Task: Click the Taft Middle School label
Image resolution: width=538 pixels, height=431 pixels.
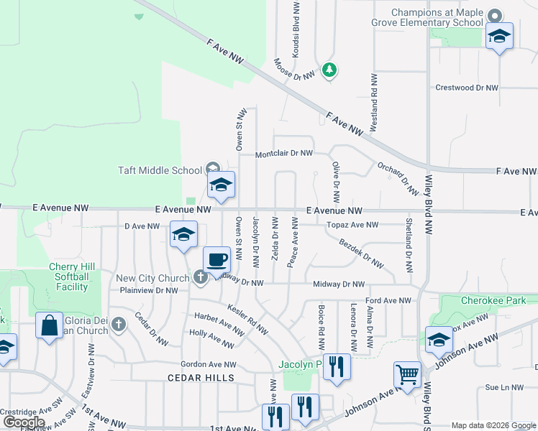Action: click(160, 170)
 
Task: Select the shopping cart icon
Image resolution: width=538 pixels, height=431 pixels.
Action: click(407, 374)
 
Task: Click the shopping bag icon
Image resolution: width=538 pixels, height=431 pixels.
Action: click(50, 326)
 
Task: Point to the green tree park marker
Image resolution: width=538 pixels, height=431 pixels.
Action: click(329, 70)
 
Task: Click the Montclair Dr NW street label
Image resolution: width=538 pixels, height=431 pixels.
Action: click(285, 154)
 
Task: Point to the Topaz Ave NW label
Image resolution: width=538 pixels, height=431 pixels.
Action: click(352, 225)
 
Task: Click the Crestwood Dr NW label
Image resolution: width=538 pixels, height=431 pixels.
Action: click(467, 88)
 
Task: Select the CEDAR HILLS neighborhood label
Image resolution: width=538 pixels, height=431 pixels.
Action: click(201, 377)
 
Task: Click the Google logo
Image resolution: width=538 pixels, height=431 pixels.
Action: click(24, 422)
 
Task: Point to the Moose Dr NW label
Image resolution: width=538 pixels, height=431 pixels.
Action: click(294, 69)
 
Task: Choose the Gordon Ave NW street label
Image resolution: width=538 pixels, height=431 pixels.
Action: click(208, 365)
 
